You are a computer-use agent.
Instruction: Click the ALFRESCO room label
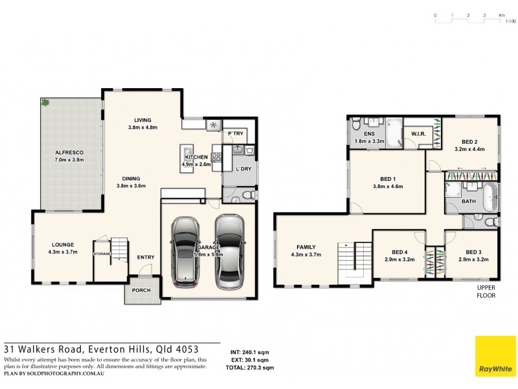[69, 152]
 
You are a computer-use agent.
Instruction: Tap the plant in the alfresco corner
[45, 102]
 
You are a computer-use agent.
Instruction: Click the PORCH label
[142, 290]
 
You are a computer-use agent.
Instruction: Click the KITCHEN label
[196, 158]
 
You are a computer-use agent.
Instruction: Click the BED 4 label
[400, 252]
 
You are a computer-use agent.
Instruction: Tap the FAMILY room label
[306, 247]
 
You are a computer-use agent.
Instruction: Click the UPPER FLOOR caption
[486, 292]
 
